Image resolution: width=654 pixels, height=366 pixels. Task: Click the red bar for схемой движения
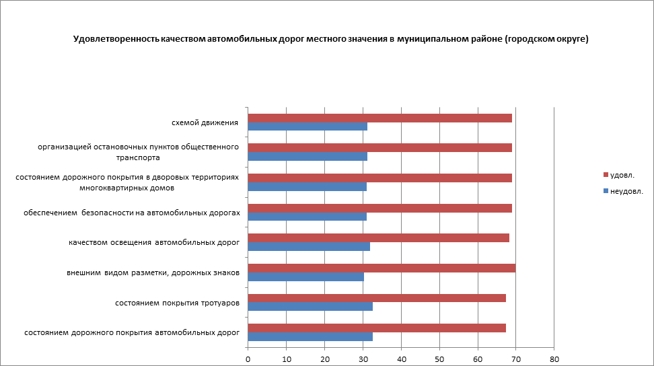click(379, 118)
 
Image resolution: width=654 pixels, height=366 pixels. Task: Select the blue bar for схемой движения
click(307, 126)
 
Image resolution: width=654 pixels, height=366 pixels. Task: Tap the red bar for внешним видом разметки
click(381, 268)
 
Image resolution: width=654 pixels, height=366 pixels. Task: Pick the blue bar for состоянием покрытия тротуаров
click(310, 307)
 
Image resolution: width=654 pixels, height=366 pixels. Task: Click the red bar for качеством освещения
click(378, 237)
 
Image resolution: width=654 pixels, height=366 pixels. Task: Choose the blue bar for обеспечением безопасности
click(307, 217)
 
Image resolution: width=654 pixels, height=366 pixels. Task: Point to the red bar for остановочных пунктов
click(379, 147)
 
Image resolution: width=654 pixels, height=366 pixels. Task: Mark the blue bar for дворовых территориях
click(307, 186)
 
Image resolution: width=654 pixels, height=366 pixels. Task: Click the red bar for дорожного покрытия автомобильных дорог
click(377, 328)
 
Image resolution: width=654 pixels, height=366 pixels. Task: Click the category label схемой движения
click(205, 122)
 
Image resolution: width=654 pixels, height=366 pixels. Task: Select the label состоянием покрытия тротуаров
click(177, 303)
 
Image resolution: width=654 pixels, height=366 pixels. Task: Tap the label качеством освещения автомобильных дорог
click(154, 242)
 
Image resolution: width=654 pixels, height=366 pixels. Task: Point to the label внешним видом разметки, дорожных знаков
click(153, 272)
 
